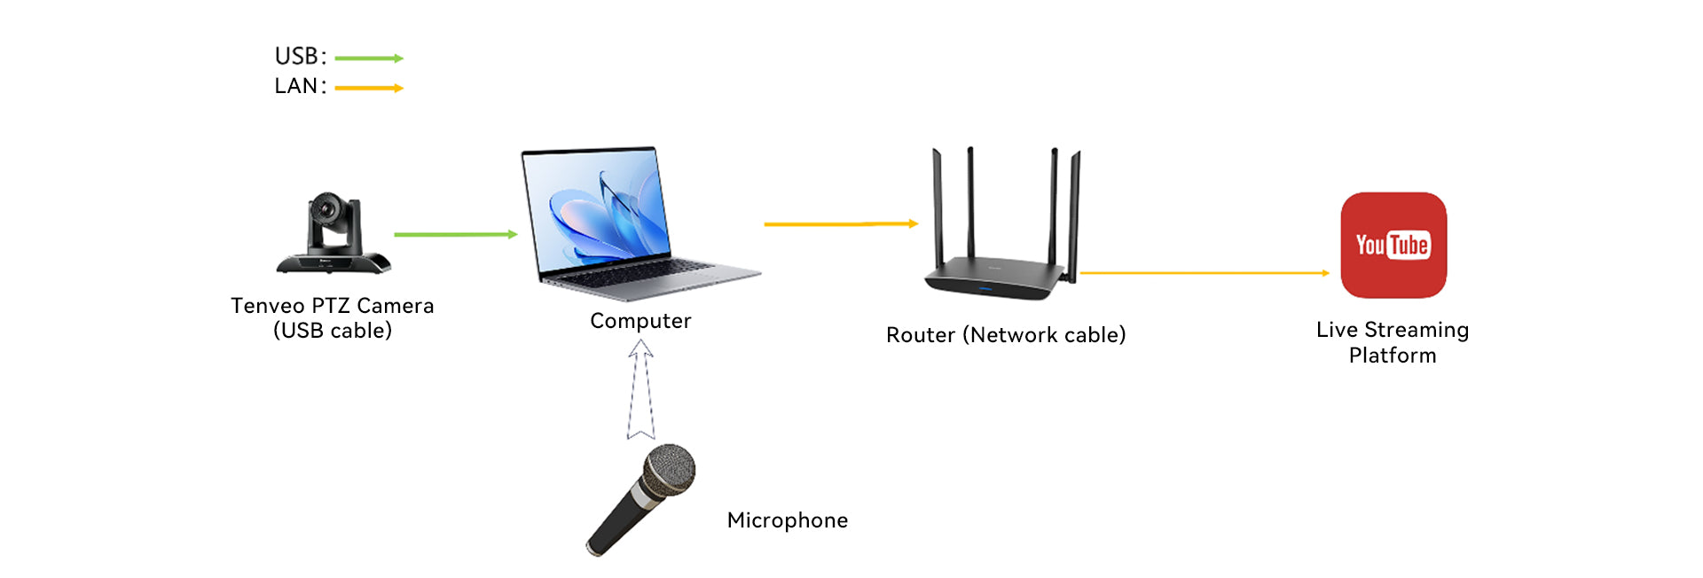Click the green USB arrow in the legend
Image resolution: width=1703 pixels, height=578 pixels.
(369, 59)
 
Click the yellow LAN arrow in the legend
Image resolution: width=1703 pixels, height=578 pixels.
(369, 88)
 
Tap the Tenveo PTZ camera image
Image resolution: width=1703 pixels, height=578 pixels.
(334, 233)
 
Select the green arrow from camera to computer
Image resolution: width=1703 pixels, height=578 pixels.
(456, 234)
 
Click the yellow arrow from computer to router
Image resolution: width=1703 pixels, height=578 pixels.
(841, 224)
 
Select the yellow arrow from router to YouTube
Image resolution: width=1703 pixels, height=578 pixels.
(1205, 273)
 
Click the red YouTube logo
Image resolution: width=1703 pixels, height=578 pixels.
(1393, 246)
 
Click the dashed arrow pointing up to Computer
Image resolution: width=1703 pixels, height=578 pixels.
(640, 390)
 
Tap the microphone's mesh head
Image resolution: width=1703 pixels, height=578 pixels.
(669, 470)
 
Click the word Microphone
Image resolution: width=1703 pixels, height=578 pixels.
(788, 520)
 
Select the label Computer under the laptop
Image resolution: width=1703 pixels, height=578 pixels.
(640, 321)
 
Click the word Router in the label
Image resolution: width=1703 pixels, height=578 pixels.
(921, 335)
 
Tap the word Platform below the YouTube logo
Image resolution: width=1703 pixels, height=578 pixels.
(1393, 355)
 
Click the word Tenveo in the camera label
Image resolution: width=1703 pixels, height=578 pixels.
(268, 306)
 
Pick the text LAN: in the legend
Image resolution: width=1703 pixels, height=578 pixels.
(301, 86)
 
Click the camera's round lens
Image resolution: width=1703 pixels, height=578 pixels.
(327, 209)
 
